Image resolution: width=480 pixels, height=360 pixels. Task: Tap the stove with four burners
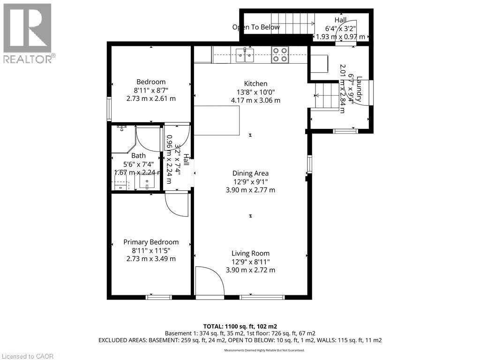coord(281,55)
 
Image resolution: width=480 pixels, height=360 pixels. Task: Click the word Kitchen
coord(255,83)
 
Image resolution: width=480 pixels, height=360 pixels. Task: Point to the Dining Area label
coord(250,173)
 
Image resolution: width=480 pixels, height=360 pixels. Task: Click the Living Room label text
coord(250,253)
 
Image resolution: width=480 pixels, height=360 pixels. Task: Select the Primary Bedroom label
coord(151,242)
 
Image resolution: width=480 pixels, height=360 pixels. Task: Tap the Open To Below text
coord(256,27)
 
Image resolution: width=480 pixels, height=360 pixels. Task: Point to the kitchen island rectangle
coord(217,120)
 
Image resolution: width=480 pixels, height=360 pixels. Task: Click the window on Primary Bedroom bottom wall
coord(158,297)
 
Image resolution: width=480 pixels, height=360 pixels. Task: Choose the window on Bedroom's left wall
coord(109,108)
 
